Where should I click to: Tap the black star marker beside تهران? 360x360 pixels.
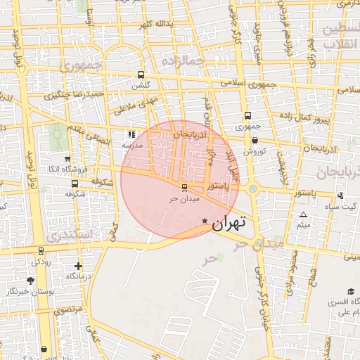point(205,221)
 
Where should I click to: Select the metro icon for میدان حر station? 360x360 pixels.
point(185,188)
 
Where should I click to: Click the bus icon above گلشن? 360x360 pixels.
point(141,75)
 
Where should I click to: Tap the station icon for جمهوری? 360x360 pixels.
point(247,116)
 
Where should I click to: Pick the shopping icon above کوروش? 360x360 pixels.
point(254,141)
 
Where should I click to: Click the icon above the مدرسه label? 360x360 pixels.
point(131,134)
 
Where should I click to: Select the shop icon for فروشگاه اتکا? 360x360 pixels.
point(67,159)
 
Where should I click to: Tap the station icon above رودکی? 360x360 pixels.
point(41,250)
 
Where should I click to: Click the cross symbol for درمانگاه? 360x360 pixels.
point(78,266)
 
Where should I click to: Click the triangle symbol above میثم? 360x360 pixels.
point(303,214)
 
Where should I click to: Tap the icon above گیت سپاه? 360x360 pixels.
point(340,195)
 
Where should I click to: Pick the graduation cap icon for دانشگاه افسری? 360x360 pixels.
point(351,291)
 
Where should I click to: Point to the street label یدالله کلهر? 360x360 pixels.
point(154,25)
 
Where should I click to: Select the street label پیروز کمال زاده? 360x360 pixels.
point(304,114)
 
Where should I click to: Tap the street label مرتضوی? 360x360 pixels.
point(68,310)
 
